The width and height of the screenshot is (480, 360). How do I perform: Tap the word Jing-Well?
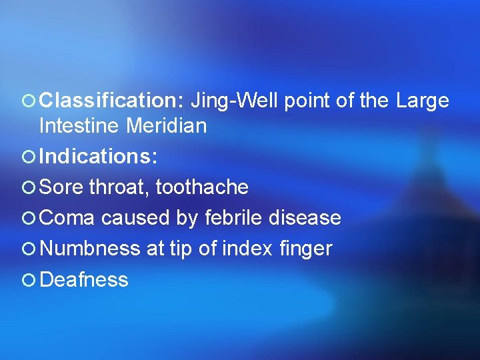[236, 101]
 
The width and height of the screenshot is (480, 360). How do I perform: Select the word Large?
[423, 101]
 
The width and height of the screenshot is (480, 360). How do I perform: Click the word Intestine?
[80, 125]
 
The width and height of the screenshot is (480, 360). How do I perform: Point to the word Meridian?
[167, 125]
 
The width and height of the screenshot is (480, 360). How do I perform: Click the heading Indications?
[99, 157]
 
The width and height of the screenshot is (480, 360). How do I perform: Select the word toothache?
[202, 187]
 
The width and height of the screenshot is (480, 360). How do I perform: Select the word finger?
[306, 249]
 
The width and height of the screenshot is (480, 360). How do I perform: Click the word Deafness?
[84, 279]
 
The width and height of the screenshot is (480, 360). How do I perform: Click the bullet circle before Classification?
[29, 101]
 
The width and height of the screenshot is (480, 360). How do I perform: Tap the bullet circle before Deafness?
[29, 280]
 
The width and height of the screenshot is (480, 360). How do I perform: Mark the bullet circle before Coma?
[29, 219]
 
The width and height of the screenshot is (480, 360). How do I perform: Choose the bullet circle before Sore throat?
[29, 188]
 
